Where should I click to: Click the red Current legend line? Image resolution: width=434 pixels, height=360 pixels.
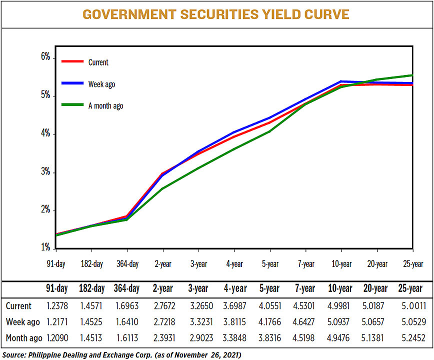pos(72,62)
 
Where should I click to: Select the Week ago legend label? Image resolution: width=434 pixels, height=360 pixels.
pos(101,84)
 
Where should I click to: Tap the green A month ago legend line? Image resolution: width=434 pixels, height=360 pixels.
pos(72,105)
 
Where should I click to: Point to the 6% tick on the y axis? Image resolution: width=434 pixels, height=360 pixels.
pos(45,57)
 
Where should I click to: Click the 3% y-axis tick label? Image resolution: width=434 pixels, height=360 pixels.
pos(45,172)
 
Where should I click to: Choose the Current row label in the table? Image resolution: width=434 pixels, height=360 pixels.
pos(18,305)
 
